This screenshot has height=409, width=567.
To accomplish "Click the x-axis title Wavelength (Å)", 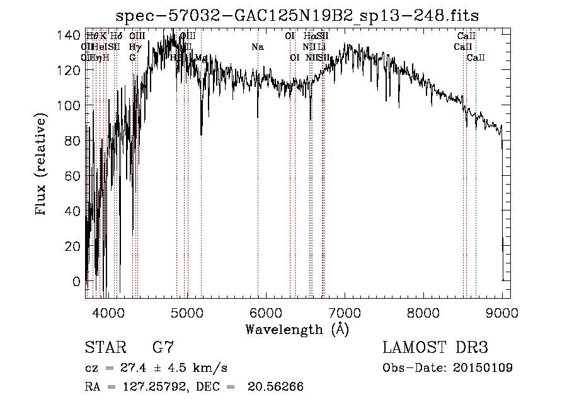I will point(297,329).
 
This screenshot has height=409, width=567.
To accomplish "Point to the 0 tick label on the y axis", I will point(77,281).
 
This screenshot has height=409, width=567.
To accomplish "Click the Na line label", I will point(257,47).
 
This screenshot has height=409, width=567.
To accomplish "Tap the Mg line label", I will point(200,57).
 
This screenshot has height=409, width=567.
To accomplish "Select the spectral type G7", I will point(163,347).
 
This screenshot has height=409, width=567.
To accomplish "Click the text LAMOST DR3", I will point(435,347).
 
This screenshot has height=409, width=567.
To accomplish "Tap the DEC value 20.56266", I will point(276,387).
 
